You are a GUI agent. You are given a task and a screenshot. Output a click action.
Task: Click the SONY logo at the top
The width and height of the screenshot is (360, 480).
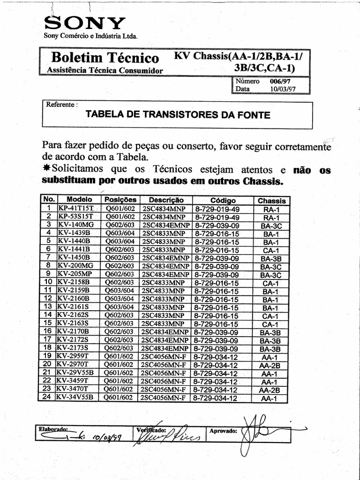[84, 22]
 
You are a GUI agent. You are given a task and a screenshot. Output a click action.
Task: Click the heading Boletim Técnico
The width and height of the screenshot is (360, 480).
[105, 58]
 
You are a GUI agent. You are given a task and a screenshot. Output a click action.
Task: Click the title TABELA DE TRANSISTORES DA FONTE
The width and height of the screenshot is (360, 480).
[178, 115]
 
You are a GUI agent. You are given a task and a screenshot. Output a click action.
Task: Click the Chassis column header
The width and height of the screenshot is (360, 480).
[271, 201]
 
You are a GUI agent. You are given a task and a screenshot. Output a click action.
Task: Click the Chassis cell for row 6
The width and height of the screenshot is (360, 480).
[271, 250]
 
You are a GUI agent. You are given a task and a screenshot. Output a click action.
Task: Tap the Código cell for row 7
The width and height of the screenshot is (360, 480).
[217, 258]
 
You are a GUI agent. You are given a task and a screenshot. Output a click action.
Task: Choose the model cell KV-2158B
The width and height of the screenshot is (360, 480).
[74, 283]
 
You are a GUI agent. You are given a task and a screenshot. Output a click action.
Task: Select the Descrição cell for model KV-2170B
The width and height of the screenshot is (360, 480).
[165, 332]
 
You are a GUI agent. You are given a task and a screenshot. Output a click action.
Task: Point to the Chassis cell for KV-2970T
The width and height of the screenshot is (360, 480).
[270, 365]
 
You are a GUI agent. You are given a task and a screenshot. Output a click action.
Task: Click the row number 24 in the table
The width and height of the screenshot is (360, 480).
[46, 397]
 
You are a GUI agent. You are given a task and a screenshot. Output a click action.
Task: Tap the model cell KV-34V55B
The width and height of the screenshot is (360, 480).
[75, 397]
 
